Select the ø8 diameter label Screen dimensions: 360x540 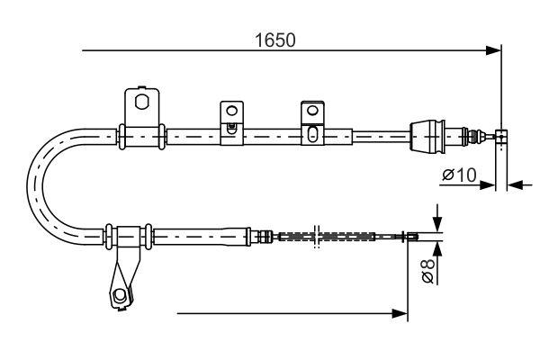pos(429,271)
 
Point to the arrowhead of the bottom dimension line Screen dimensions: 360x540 pos(401,313)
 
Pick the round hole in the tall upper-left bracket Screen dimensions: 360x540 pos(141,101)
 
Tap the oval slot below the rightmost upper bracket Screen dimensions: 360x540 pos(311,135)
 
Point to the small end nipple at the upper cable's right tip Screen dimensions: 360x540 pos(502,136)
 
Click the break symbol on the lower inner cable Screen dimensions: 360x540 pos(316,237)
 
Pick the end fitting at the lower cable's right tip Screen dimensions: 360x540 pos(412,237)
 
